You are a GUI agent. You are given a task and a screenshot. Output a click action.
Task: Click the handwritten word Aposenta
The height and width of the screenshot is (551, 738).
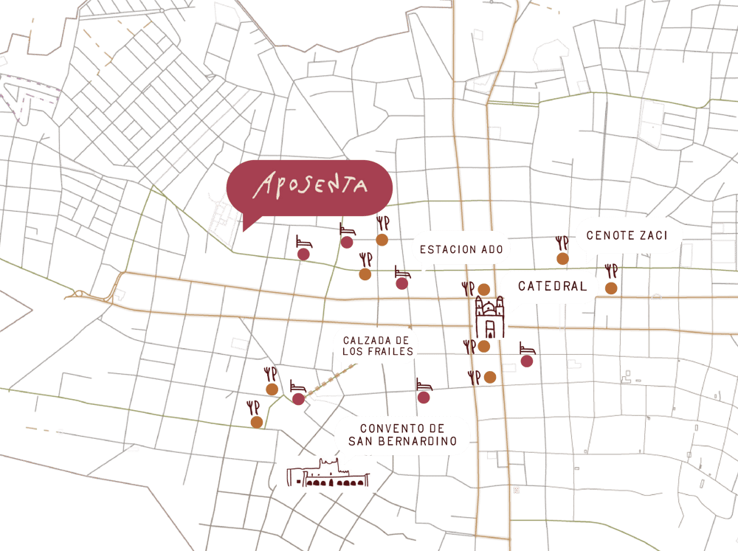click(309, 187)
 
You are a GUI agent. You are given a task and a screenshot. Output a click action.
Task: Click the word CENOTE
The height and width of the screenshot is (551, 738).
click(611, 236)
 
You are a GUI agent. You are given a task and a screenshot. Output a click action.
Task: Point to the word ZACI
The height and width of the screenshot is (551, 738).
click(654, 236)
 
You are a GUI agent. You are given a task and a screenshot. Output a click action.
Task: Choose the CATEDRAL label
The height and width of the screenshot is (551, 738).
click(552, 286)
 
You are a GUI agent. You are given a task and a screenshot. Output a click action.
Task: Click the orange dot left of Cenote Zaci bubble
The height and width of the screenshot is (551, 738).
click(562, 258)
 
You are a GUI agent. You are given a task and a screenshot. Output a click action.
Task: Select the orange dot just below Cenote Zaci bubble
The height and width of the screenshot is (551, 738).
click(611, 288)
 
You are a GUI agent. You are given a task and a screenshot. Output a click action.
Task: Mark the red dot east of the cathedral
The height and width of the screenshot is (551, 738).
click(526, 361)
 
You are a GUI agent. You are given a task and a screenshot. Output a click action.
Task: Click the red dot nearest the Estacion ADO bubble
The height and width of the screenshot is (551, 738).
click(402, 283)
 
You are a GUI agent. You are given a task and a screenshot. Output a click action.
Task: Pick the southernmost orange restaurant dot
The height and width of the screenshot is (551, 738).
click(256, 422)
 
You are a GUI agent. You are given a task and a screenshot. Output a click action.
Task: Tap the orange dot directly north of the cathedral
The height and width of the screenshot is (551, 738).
click(484, 289)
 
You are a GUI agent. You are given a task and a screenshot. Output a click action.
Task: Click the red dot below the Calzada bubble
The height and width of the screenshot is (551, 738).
click(424, 397)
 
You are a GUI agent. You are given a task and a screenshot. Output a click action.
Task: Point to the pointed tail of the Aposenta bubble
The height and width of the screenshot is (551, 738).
click(244, 228)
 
